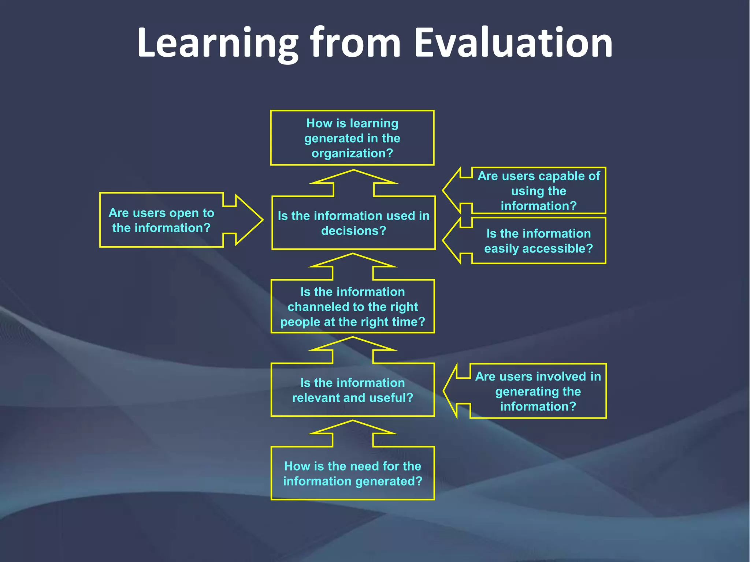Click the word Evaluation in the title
(x=513, y=43)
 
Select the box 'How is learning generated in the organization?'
(x=352, y=138)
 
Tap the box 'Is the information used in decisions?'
(x=353, y=223)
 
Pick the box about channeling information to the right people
(x=352, y=307)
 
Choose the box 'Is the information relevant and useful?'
(x=352, y=390)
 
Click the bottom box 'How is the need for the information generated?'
(x=352, y=473)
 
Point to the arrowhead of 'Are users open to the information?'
(x=249, y=220)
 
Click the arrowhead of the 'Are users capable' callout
(x=453, y=190)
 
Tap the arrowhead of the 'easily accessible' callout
(x=453, y=240)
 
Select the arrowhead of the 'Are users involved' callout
(x=453, y=391)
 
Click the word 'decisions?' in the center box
(x=353, y=231)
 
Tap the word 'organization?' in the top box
(x=352, y=153)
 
